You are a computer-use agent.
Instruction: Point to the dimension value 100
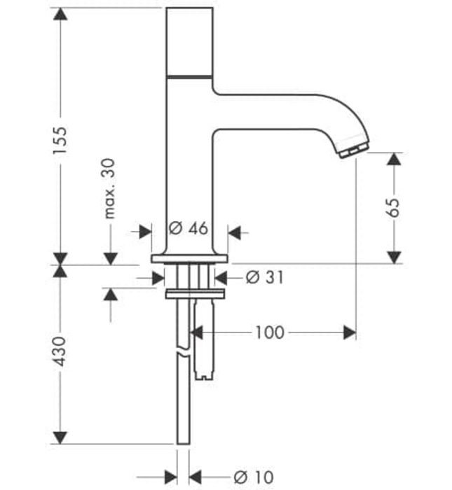270,332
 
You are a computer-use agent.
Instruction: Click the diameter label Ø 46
189,228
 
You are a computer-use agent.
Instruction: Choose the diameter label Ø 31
264,278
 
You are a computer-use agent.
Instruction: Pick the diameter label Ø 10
253,477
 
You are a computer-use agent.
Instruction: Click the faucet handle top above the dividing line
189,39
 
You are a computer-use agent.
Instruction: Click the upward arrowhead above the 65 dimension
395,160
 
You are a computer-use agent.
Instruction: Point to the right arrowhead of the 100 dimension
350,332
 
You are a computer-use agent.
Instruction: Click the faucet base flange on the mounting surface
189,260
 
